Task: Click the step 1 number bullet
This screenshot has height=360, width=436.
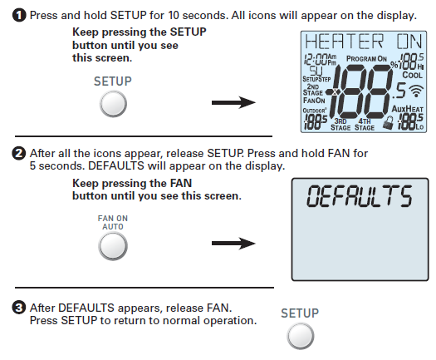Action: point(19,15)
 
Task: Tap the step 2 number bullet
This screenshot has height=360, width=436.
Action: point(18,154)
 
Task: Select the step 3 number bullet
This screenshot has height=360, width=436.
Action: point(18,308)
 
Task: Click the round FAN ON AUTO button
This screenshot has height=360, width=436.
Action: point(113,246)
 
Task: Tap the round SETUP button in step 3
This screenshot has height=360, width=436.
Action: point(301,336)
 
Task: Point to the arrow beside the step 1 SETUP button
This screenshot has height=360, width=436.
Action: point(233,102)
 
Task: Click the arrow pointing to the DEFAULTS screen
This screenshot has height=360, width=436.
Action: point(233,243)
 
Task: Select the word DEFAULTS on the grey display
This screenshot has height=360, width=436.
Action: point(360,196)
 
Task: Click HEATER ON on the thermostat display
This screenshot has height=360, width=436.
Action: point(364,42)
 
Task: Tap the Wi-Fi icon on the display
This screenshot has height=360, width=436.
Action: point(416,91)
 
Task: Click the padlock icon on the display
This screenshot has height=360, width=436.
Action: point(389,123)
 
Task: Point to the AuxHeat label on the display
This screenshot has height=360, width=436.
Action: point(408,109)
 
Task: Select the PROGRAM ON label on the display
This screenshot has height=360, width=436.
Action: point(366,59)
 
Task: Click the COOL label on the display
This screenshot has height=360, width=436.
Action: point(413,75)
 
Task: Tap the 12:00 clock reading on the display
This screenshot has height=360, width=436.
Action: point(316,59)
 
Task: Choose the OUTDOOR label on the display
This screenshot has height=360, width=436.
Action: point(315,111)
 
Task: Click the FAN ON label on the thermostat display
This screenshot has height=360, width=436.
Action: point(314,101)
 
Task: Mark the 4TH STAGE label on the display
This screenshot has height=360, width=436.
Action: point(365,125)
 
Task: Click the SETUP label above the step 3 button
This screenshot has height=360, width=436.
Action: point(300,313)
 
